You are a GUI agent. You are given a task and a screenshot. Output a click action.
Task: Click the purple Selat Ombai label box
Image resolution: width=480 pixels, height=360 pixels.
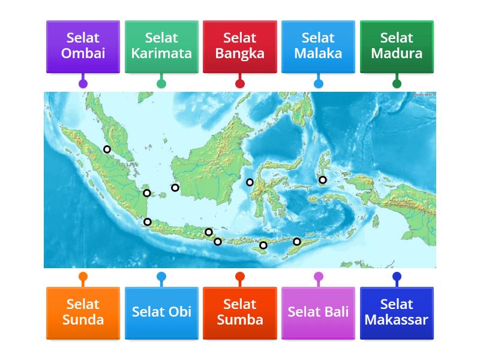point(83,46)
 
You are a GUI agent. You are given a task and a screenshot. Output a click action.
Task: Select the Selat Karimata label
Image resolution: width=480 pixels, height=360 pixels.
point(161,46)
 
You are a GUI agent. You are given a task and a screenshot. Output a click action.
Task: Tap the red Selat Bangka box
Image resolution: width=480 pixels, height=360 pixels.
point(240,46)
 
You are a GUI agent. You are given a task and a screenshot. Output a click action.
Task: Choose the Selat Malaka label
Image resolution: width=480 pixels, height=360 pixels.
point(318,46)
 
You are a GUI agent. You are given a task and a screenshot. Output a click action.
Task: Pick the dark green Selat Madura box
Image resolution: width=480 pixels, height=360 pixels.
point(397,46)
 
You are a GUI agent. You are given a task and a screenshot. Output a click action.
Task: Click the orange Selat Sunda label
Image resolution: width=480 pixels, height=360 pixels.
point(83,312)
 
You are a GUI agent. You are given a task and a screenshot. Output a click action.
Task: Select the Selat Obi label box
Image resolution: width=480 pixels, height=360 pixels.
point(161,312)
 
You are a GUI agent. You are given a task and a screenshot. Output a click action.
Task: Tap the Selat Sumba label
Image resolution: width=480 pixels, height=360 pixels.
point(240,312)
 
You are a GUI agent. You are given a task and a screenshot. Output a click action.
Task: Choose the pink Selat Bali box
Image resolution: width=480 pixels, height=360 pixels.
point(318,312)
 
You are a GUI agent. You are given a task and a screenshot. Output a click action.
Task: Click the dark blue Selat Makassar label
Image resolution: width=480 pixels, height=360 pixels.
point(397,312)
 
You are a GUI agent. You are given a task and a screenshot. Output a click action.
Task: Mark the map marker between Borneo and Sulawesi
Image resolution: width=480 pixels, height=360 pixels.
point(250,182)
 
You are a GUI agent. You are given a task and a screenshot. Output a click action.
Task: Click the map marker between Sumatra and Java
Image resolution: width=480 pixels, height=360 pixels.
point(148,222)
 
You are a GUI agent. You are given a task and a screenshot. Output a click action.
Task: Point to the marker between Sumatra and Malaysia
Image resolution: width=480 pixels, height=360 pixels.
point(107,149)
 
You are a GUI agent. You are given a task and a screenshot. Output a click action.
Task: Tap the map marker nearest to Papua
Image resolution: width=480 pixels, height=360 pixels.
point(322,180)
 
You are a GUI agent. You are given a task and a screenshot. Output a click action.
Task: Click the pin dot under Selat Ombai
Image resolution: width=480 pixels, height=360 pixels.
point(83,83)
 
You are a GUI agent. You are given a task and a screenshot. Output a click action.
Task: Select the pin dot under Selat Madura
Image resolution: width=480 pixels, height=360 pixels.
point(397,83)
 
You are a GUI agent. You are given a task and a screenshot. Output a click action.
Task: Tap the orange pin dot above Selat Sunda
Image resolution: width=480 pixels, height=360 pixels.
point(83,277)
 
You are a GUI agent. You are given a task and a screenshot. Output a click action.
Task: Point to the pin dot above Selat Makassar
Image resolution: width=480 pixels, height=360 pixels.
point(397,277)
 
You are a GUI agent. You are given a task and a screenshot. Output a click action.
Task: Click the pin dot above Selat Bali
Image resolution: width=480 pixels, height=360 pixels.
point(318,277)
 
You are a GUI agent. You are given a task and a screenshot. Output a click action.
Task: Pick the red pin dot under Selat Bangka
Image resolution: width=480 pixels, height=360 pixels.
point(240,83)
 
